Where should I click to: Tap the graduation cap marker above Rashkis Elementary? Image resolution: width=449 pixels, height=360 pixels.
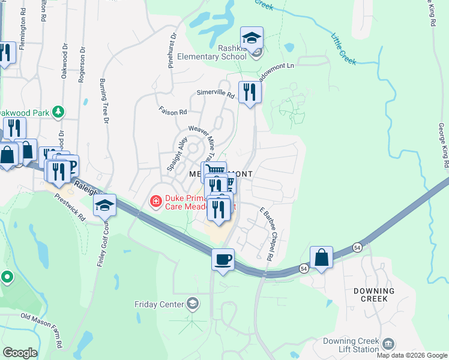coord(252,38)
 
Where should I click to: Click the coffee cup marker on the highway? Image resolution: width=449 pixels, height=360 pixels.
coord(223,259)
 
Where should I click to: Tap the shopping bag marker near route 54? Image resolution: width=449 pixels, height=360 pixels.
coord(322,257)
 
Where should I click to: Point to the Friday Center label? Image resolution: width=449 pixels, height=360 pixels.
coord(159,304)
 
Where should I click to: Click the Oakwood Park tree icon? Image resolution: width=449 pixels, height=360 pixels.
coord(58,112)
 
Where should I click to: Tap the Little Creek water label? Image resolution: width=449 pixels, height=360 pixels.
coord(343,48)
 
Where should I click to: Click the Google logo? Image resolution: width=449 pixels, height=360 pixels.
coord(19,353)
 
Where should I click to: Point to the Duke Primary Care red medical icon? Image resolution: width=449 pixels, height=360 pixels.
coord(155,200)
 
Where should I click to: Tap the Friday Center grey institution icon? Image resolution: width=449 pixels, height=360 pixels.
coord(193,302)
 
